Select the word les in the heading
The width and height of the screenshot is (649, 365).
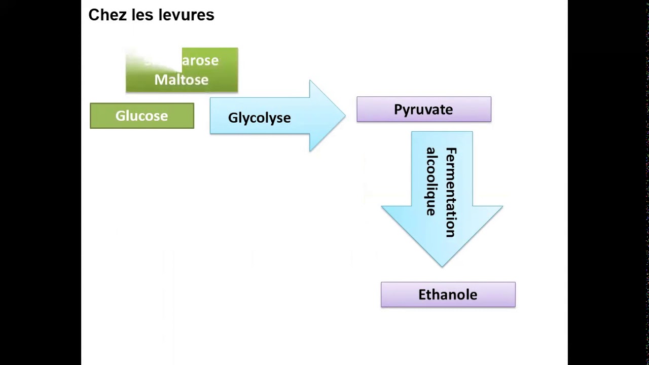pos(143,15)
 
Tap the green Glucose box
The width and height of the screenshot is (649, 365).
pos(142,116)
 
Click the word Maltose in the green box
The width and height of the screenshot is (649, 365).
pos(181,80)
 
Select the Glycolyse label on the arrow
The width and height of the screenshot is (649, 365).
pos(259,118)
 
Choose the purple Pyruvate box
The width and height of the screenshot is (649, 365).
pos(423,109)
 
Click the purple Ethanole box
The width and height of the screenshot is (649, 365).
pos(448,295)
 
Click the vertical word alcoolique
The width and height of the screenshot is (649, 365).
pos(431,181)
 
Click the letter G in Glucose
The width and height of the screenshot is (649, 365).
pos(120,116)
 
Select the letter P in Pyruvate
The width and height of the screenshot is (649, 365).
pos(398,109)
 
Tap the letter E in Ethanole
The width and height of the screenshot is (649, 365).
pos(422,295)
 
